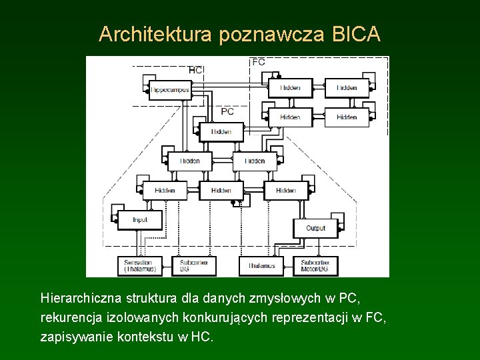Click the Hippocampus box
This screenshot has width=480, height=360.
tap(170, 89)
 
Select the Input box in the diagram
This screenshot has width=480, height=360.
tap(140, 219)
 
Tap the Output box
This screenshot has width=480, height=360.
tap(315, 228)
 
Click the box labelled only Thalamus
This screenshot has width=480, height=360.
tap(261, 266)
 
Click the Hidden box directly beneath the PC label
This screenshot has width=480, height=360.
tap(221, 131)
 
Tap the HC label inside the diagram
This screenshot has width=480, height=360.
tap(196, 69)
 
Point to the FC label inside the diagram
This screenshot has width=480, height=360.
tap(259, 61)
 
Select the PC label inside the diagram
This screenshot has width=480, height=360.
tap(227, 111)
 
